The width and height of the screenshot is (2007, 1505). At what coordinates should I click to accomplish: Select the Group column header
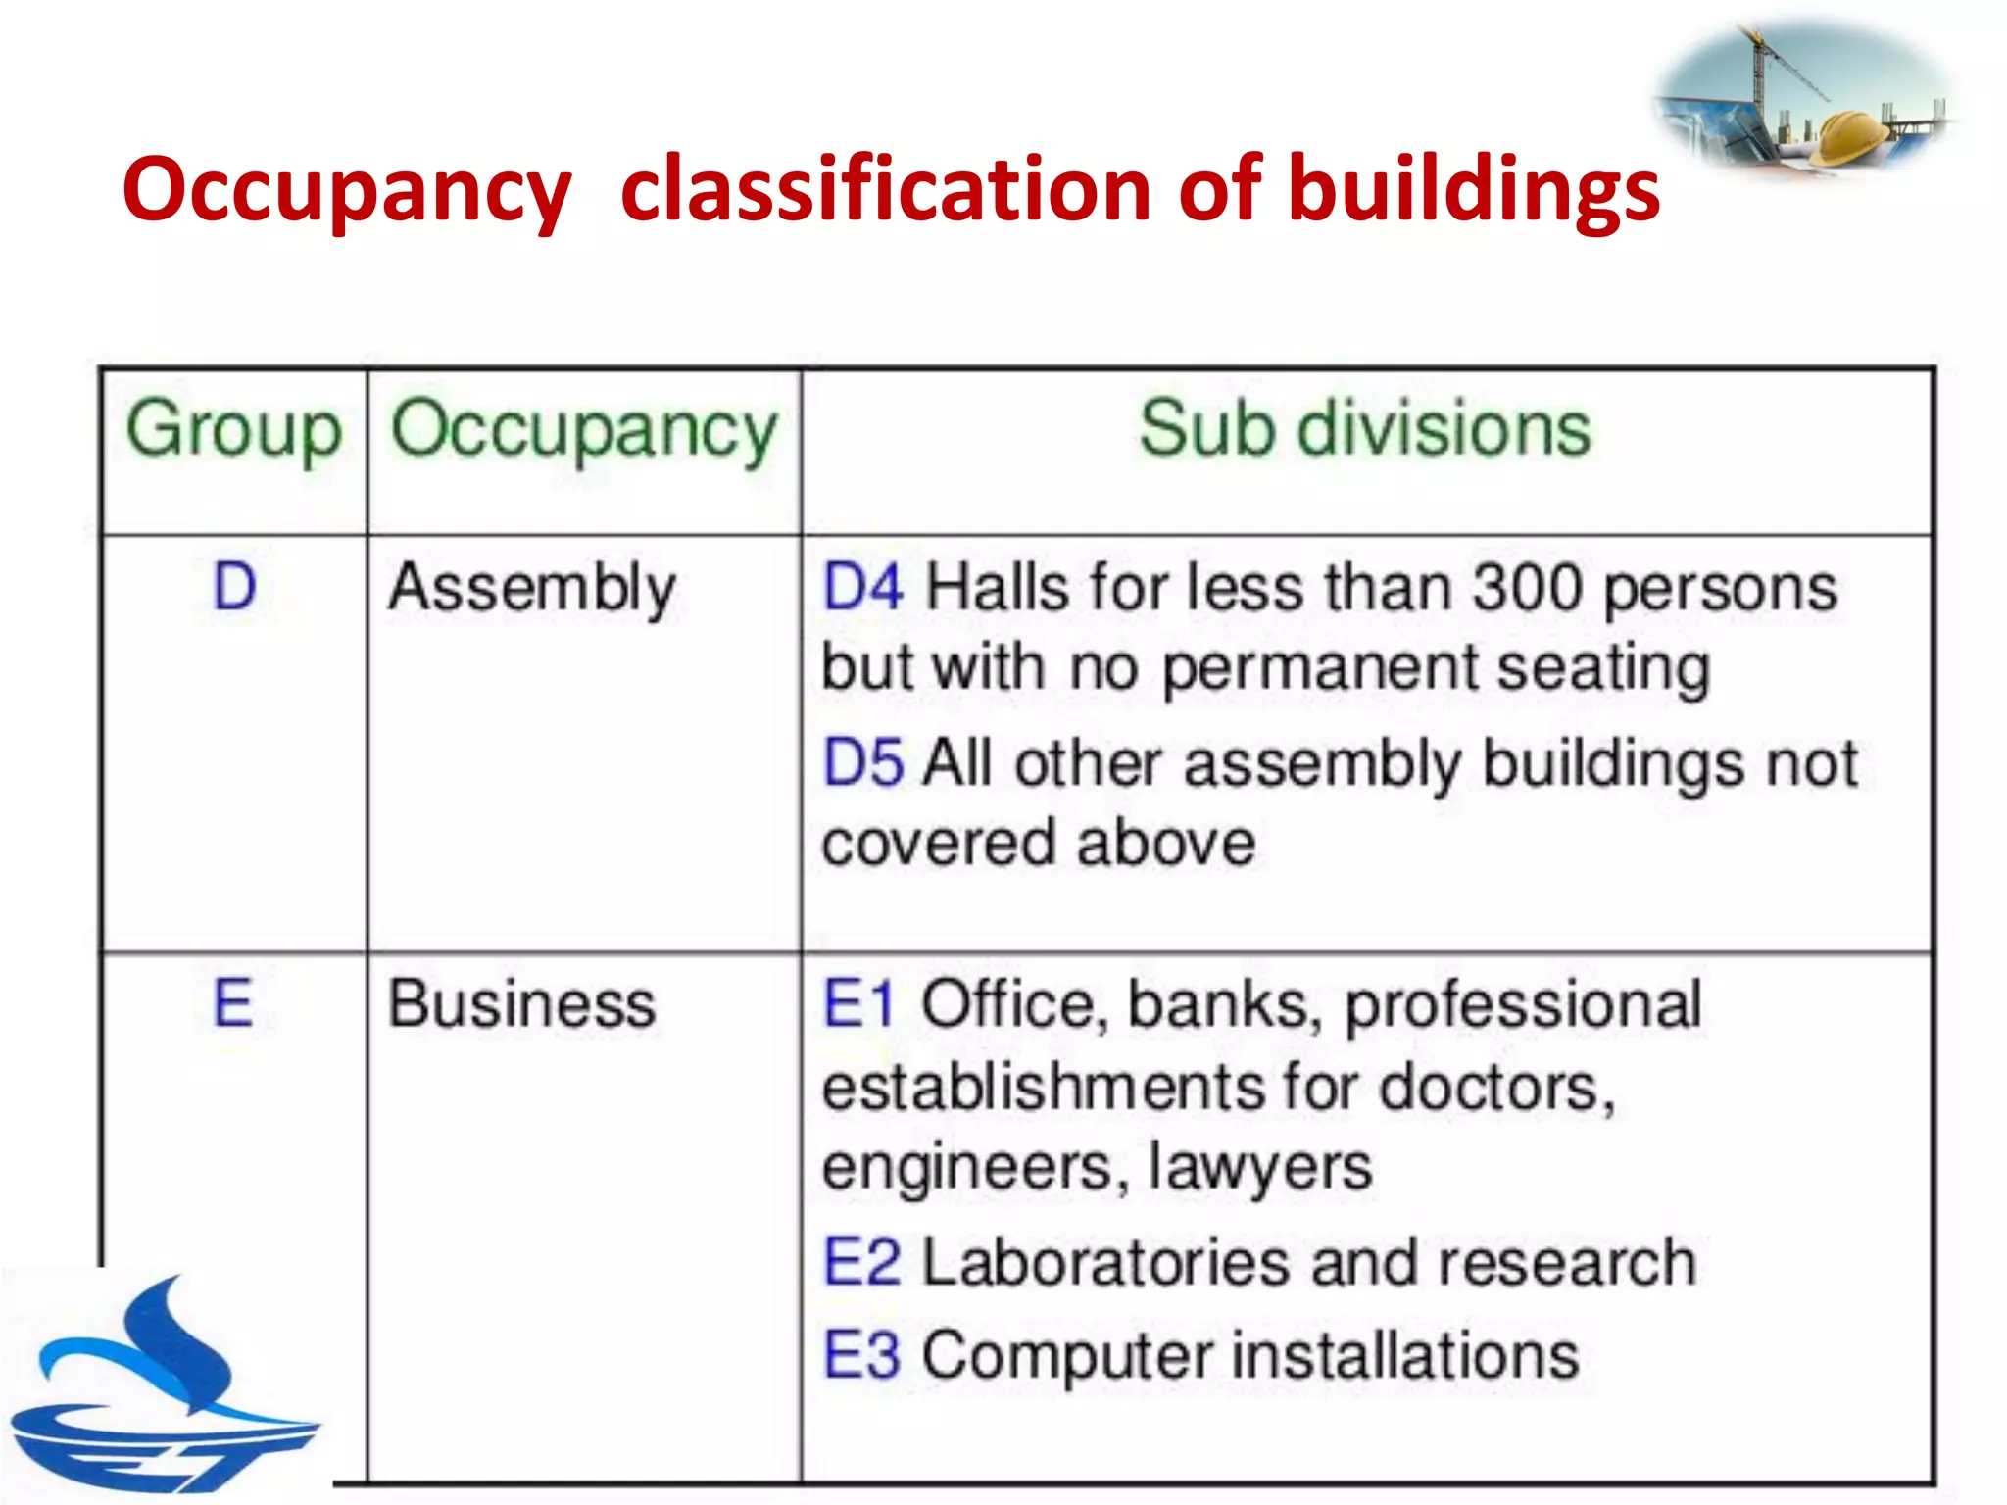click(x=234, y=430)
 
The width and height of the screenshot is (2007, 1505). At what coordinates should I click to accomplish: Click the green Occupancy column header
click(x=584, y=430)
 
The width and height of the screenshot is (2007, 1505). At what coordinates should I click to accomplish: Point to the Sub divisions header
click(x=1365, y=430)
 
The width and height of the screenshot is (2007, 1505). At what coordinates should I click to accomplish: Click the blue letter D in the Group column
click(x=235, y=588)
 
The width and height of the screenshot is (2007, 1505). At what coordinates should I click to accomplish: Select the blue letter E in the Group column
click(x=233, y=1004)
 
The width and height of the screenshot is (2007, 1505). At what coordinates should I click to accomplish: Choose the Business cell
click(x=521, y=1005)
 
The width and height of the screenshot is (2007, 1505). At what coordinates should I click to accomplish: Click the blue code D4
click(x=862, y=589)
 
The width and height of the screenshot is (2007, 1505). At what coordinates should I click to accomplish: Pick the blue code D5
click(x=862, y=763)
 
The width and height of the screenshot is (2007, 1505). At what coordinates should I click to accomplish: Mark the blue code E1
click(x=858, y=1005)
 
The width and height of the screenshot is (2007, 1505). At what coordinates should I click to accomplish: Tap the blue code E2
click(x=861, y=1262)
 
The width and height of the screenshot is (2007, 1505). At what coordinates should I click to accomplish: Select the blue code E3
click(x=861, y=1356)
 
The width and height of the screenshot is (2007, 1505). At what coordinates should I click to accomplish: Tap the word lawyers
click(x=1260, y=1168)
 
